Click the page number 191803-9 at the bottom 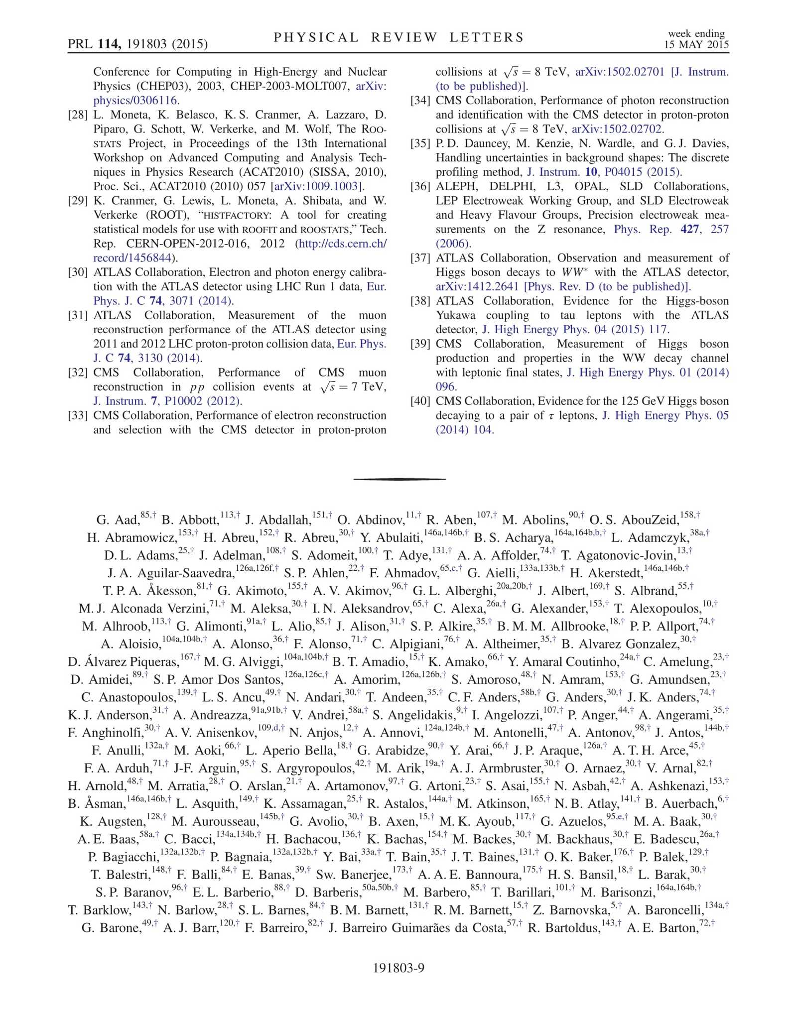coord(398,968)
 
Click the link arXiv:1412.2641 coord(477,287)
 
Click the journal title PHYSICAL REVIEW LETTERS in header coord(398,38)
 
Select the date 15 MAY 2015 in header coord(696,44)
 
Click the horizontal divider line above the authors coord(399,479)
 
